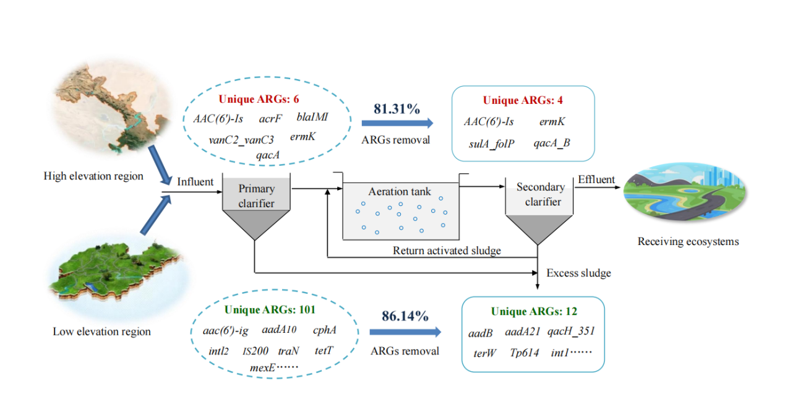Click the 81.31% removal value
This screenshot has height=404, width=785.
click(x=397, y=109)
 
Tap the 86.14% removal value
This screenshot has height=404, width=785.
click(x=405, y=317)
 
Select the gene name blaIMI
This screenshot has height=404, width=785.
click(x=312, y=116)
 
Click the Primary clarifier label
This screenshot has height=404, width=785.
click(x=256, y=195)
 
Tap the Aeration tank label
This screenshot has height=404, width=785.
click(x=400, y=192)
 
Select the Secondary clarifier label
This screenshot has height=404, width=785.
click(x=540, y=194)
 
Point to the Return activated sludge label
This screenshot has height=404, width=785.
click(x=447, y=251)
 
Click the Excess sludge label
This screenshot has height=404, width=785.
click(x=578, y=273)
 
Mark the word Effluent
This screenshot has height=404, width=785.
click(x=596, y=180)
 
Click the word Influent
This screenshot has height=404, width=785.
click(x=195, y=182)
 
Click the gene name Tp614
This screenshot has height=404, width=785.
click(x=525, y=353)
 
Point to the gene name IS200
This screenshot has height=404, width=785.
click(x=255, y=351)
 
